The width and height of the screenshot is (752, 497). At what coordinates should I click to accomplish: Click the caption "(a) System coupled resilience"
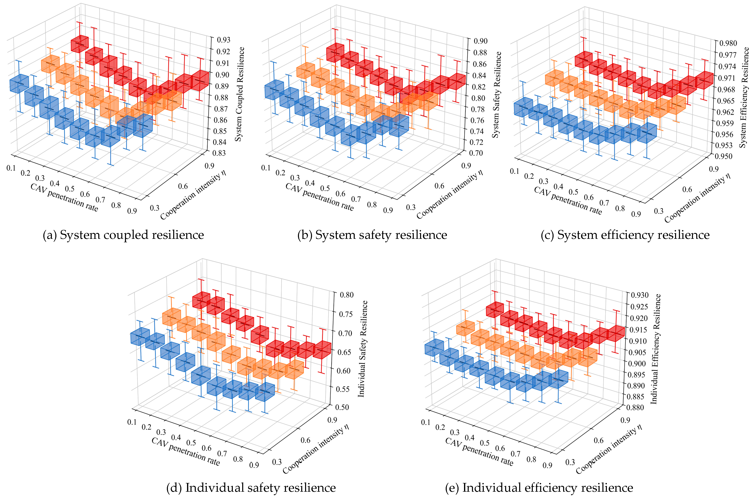tap(123, 235)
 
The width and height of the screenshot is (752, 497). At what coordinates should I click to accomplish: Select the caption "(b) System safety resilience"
tap(372, 235)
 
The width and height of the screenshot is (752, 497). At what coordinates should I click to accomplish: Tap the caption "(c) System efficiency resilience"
tap(625, 235)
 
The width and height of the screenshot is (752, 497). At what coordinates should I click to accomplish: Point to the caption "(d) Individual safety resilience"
tap(251, 487)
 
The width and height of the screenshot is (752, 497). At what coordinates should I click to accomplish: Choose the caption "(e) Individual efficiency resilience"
tap(539, 487)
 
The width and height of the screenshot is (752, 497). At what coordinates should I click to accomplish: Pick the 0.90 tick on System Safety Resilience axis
tap(480, 41)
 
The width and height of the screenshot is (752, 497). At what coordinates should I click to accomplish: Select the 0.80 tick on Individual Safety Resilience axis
tap(346, 295)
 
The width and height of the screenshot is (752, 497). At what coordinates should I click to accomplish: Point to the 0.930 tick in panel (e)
tap(640, 295)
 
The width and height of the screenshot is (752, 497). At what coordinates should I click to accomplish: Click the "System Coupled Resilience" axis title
tap(240, 94)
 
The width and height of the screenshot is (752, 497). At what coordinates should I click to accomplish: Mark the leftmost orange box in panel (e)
tap(465, 328)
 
